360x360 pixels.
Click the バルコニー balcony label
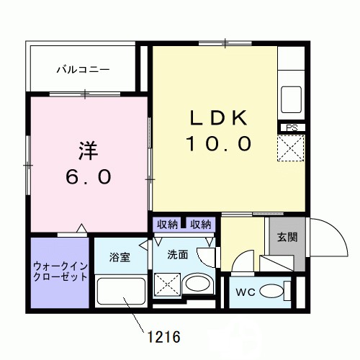click(84, 70)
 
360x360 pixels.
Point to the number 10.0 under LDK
click(219, 143)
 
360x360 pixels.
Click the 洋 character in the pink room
click(88, 151)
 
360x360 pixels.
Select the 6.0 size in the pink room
click(87, 176)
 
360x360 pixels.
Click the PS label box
click(292, 128)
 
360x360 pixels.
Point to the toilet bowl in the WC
click(272, 292)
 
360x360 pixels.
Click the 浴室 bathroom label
click(120, 257)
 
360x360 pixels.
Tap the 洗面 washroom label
click(178, 254)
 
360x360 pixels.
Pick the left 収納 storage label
click(167, 224)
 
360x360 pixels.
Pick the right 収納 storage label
click(201, 224)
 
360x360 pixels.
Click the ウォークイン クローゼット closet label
click(60, 271)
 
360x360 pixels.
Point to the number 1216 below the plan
click(163, 336)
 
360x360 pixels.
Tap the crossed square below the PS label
click(292, 150)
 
